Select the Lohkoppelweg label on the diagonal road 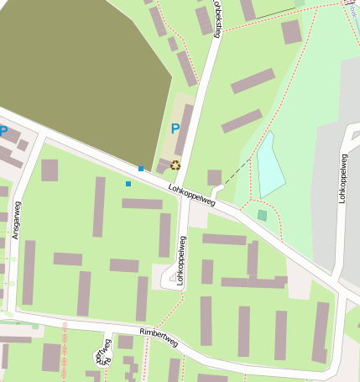tap(192, 196)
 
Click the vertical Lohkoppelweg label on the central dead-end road tap(180, 259)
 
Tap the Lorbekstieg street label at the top tap(219, 18)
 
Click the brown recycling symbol tap(175, 165)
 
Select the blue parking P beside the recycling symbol tap(175, 129)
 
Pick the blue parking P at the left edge tap(3, 131)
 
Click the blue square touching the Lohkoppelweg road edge tap(141, 169)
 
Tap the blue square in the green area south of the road tap(128, 183)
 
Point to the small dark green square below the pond tap(263, 216)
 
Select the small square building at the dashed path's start tap(215, 177)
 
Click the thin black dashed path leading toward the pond tap(239, 169)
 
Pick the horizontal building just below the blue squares tap(142, 203)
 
